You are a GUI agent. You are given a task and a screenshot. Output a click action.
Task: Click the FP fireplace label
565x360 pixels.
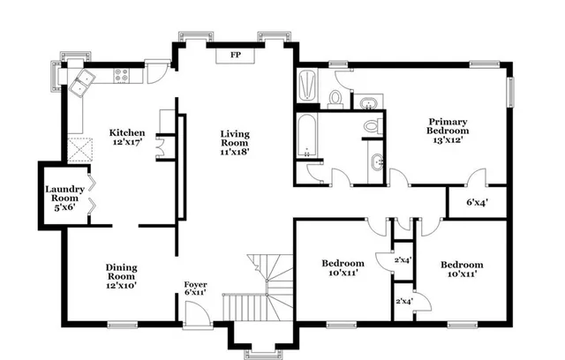[x=236, y=55]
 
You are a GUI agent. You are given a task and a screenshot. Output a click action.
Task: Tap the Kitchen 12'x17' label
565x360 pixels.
[x=127, y=136]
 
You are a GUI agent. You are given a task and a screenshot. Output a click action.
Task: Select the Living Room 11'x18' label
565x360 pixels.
[x=236, y=143]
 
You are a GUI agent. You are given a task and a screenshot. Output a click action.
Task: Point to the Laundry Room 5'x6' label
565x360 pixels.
[x=65, y=198]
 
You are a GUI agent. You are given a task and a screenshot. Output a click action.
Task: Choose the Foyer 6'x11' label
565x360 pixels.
[x=195, y=289]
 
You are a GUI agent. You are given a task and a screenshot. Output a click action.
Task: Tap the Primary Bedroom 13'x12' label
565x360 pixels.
[x=448, y=131]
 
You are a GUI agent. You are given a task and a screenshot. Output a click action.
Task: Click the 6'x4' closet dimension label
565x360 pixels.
[x=478, y=202]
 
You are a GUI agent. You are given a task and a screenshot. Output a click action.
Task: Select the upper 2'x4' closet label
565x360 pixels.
[x=403, y=259]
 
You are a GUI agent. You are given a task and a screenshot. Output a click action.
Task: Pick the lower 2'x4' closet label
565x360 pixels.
[x=403, y=302]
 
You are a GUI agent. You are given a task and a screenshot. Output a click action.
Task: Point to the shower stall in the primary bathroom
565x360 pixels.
[x=308, y=86]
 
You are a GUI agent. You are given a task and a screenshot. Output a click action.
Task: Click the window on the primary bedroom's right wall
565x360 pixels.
[x=508, y=92]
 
